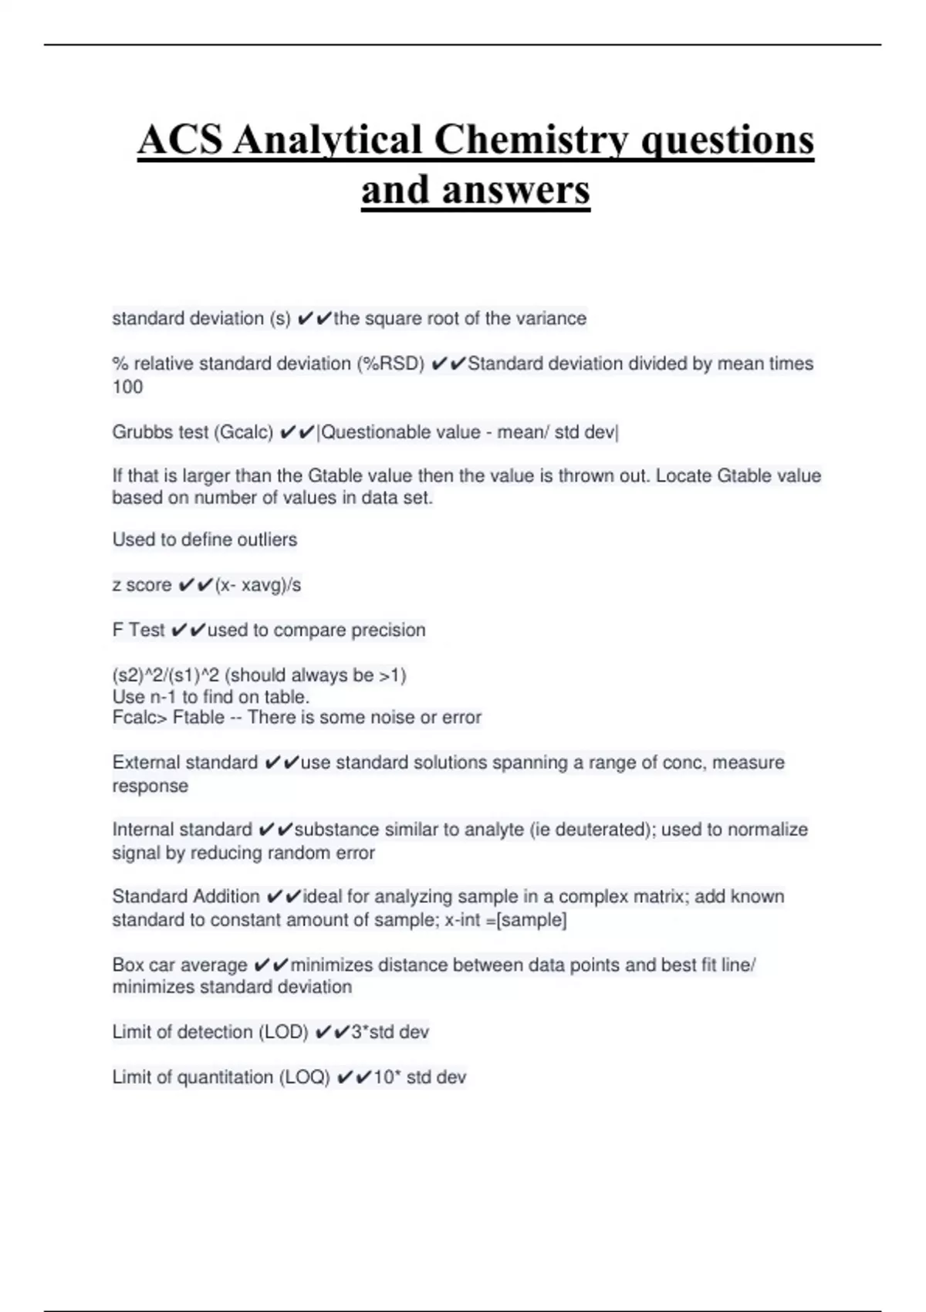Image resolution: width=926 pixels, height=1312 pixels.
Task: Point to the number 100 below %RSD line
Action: click(127, 387)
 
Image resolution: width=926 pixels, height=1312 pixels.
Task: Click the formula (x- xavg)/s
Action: click(259, 585)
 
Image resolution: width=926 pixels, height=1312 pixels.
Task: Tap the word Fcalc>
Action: click(140, 718)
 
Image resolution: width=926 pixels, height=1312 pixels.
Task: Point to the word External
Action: click(145, 763)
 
